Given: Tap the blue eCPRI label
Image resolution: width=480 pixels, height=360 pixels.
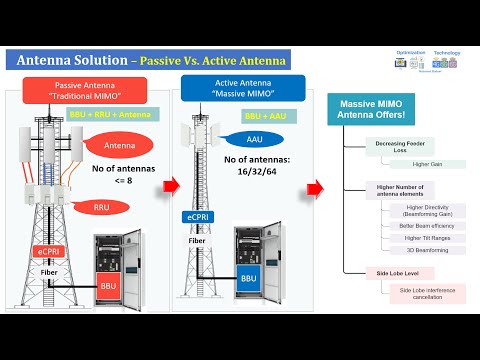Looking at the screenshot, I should click(x=197, y=217).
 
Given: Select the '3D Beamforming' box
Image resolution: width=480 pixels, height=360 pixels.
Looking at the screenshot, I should click(x=410, y=251).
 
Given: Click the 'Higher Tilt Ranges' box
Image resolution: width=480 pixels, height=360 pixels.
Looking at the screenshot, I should click(x=410, y=237).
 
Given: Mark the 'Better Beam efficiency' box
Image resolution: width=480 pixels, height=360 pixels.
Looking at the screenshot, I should click(x=410, y=223).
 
